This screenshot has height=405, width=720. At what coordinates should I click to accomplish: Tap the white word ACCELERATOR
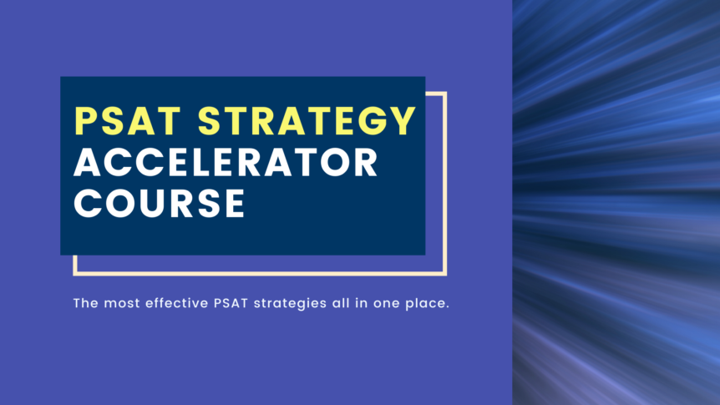click(x=226, y=163)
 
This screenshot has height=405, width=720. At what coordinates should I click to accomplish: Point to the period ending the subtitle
click(x=449, y=306)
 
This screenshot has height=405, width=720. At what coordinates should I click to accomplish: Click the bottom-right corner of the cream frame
click(x=445, y=272)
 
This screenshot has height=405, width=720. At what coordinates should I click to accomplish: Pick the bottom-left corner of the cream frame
click(x=75, y=272)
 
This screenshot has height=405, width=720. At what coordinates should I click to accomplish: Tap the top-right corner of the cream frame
click(x=445, y=94)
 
